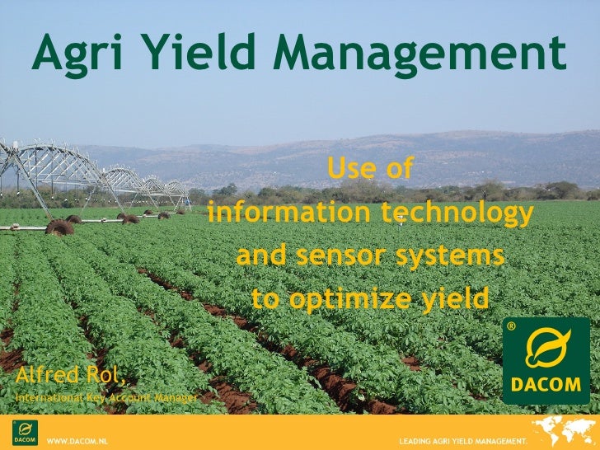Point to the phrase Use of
369,169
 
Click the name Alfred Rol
70,377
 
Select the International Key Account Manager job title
104,398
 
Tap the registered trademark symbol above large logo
511,327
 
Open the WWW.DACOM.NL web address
78,442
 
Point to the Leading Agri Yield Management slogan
462,442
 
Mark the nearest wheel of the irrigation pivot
59,227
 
